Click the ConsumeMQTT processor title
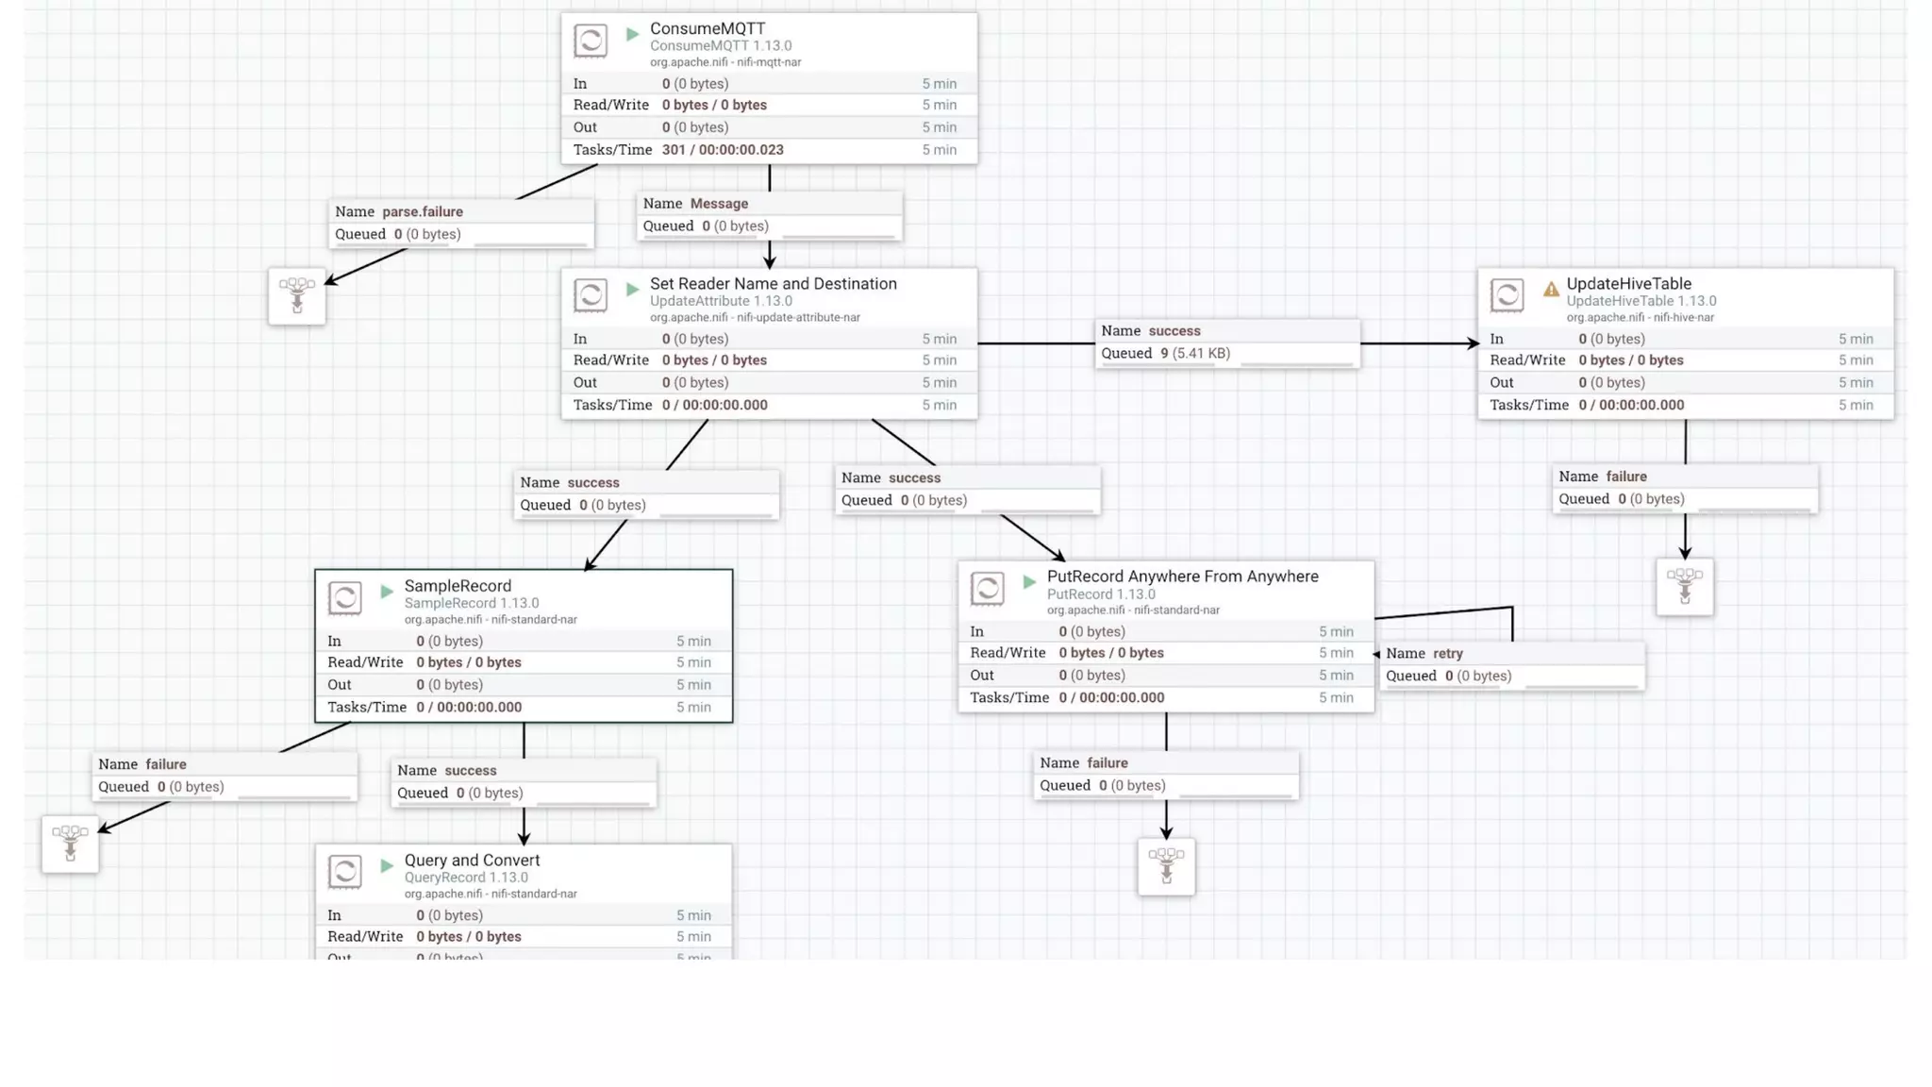[x=707, y=28]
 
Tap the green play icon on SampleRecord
[x=387, y=592]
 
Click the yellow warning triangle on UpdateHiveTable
[x=1551, y=289]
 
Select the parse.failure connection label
[x=422, y=211]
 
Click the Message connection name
[x=719, y=203]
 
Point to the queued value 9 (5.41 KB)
[x=1194, y=353]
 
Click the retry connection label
[x=1447, y=653]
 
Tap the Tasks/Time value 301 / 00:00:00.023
[x=722, y=149]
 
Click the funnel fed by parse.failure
[x=297, y=295]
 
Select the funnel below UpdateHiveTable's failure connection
[x=1685, y=586]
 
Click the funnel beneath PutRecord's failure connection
[x=1166, y=865]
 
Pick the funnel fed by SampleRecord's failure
[x=70, y=843]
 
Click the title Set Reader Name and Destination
[x=773, y=283]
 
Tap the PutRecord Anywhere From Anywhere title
[x=1182, y=576]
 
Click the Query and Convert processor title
[x=472, y=860]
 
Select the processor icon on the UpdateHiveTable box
[x=1507, y=294]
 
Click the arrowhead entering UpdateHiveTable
[x=1473, y=343]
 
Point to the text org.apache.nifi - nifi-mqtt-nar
[x=724, y=62]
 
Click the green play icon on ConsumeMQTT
[x=633, y=35]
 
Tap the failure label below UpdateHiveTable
[x=1625, y=477]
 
